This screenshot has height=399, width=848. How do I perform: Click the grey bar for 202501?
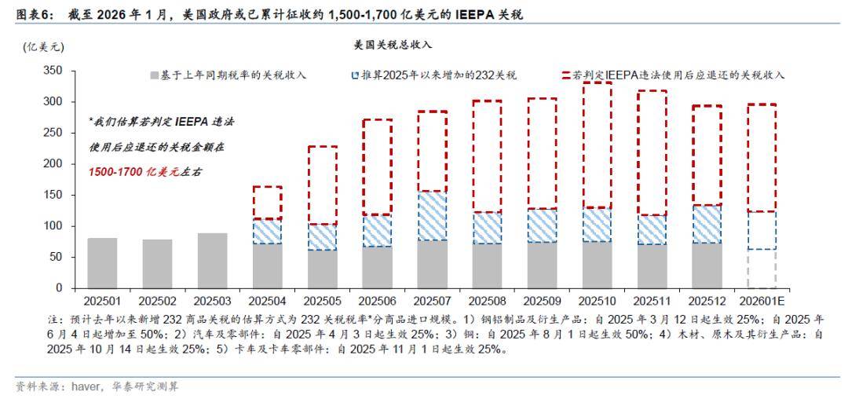tap(102, 263)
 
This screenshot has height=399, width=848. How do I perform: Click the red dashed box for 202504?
tap(267, 203)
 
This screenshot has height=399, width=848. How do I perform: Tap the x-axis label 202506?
tap(377, 301)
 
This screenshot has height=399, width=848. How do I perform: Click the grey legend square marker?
tap(155, 75)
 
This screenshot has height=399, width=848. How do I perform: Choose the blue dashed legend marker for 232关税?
tap(356, 75)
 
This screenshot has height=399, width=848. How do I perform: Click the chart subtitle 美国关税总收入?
tap(393, 46)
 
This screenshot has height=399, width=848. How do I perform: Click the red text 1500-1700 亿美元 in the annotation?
tap(133, 171)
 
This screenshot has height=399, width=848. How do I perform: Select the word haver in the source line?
tap(84, 386)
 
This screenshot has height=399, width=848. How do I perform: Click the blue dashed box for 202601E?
tap(762, 230)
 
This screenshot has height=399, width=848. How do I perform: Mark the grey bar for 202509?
tap(542, 265)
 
